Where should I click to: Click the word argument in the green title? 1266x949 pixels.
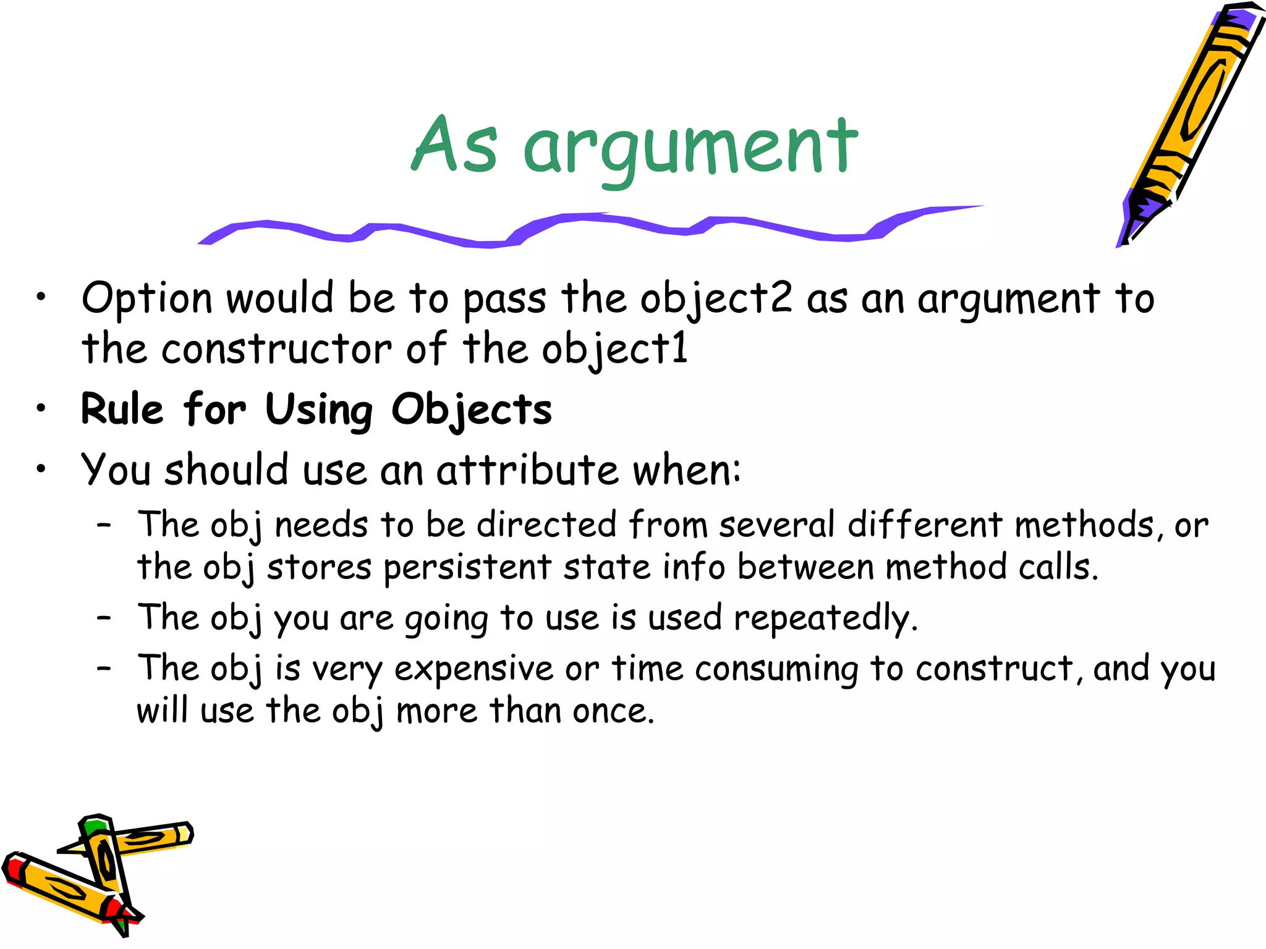click(690, 148)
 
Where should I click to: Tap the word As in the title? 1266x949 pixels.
click(454, 146)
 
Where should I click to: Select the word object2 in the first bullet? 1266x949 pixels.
click(716, 300)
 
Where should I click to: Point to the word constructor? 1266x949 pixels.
click(276, 349)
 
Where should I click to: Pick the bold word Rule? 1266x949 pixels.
click(122, 409)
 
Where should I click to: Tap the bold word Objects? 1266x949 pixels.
click(472, 410)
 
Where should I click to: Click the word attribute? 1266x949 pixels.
click(527, 470)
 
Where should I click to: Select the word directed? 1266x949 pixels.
click(546, 525)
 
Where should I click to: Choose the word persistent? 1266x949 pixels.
click(467, 568)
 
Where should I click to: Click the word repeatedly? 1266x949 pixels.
click(825, 618)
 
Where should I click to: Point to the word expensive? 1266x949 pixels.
click(474, 669)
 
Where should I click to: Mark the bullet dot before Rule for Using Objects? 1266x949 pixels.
click(41, 408)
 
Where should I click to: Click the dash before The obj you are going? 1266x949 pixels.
click(104, 617)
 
